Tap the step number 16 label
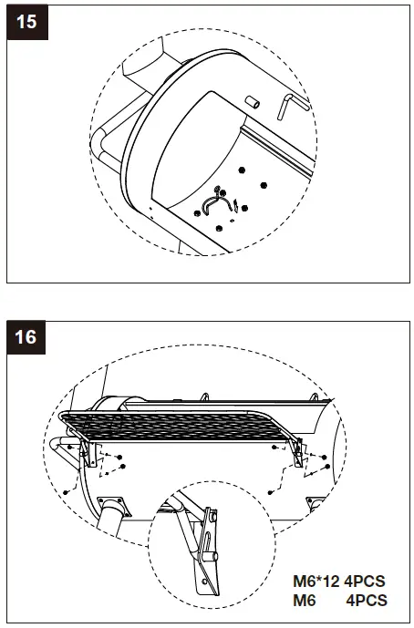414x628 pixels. pyautogui.click(x=28, y=336)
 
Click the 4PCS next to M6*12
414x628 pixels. pyautogui.click(x=366, y=582)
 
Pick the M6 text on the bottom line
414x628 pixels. pyautogui.click(x=304, y=600)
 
